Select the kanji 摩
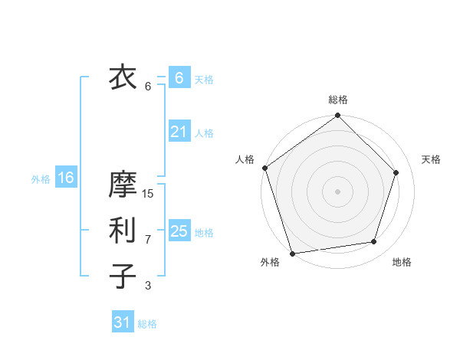pos(123,185)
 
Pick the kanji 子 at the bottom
pos(123,276)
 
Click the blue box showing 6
pos(179,78)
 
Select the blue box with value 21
pos(179,132)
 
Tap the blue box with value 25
pos(179,231)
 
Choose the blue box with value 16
pos(65,178)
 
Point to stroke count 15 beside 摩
pos(148,194)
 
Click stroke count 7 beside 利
pos(148,240)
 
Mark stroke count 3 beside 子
pos(148,286)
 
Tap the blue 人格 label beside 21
pos(204,133)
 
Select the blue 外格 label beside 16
pos(41,179)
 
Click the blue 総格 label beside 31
pos(147,324)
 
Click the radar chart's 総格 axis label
pos(338,100)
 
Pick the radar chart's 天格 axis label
pos(432,159)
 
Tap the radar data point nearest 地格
pos(374,242)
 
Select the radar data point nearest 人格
pos(265,168)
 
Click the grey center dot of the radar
pos(338,191)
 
